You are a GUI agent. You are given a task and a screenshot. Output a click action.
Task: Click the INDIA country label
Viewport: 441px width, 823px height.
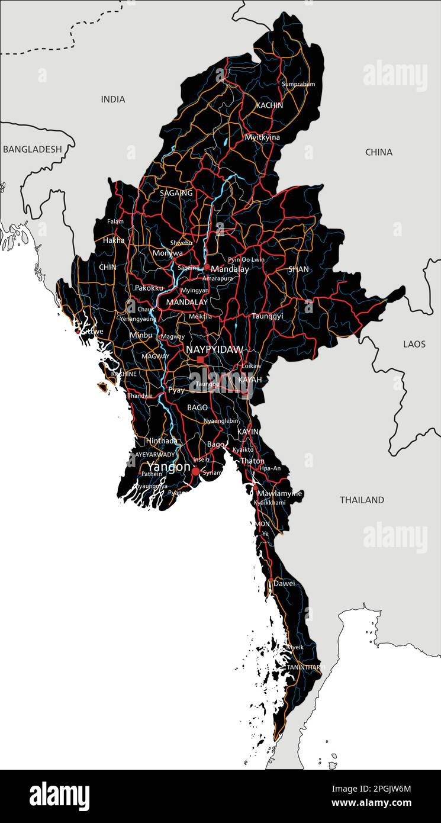click(x=113, y=99)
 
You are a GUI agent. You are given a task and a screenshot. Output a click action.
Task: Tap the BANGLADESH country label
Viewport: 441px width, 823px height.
click(x=32, y=149)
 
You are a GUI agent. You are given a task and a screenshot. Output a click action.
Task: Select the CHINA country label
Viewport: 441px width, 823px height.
click(x=378, y=152)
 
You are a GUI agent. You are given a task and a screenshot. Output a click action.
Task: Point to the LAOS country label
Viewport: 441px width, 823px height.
click(x=414, y=344)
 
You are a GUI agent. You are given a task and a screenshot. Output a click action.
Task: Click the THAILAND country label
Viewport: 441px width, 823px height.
click(x=362, y=500)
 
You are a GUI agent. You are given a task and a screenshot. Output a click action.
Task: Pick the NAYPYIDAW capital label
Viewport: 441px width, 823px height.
click(x=214, y=350)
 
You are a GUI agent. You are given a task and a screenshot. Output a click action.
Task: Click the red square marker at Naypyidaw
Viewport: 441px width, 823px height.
click(x=201, y=359)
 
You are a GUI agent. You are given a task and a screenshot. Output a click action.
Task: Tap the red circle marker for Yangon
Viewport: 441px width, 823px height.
click(x=196, y=471)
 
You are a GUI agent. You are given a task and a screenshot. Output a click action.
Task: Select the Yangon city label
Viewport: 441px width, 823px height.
click(x=169, y=467)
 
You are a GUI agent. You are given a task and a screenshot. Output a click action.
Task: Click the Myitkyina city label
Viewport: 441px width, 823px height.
click(x=262, y=137)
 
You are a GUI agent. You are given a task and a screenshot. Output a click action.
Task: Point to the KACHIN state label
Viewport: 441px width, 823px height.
click(x=269, y=105)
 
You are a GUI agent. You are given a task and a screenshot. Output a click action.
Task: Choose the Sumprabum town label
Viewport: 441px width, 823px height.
click(x=298, y=84)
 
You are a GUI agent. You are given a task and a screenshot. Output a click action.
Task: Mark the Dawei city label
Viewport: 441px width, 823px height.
click(x=284, y=583)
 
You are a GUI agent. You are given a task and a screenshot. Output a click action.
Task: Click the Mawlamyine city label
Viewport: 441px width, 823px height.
click(x=279, y=493)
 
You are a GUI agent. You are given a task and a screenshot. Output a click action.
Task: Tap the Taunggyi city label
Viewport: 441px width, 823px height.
click(x=267, y=316)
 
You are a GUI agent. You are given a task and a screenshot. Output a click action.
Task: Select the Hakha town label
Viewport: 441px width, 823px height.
click(x=114, y=240)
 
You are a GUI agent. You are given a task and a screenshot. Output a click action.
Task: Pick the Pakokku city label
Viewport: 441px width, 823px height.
click(x=149, y=288)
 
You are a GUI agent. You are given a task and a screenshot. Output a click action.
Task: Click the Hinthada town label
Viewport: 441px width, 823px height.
click(x=162, y=441)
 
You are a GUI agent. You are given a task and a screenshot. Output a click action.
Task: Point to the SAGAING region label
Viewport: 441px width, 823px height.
click(x=176, y=193)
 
